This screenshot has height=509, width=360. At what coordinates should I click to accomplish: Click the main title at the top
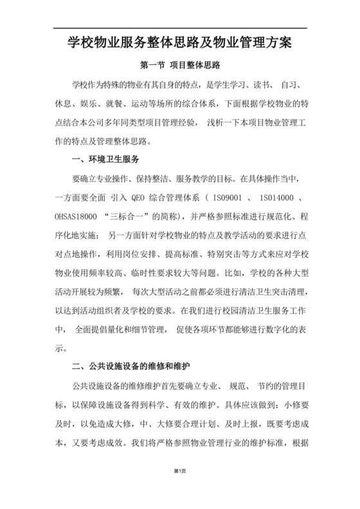(x=180, y=44)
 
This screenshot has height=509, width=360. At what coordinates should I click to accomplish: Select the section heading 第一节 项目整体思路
(x=180, y=66)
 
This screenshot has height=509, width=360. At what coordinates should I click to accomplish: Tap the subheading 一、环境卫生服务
(x=103, y=158)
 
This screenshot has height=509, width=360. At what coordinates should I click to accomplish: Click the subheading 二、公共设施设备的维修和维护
(x=131, y=367)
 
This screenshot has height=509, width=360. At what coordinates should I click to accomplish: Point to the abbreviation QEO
(x=138, y=197)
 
